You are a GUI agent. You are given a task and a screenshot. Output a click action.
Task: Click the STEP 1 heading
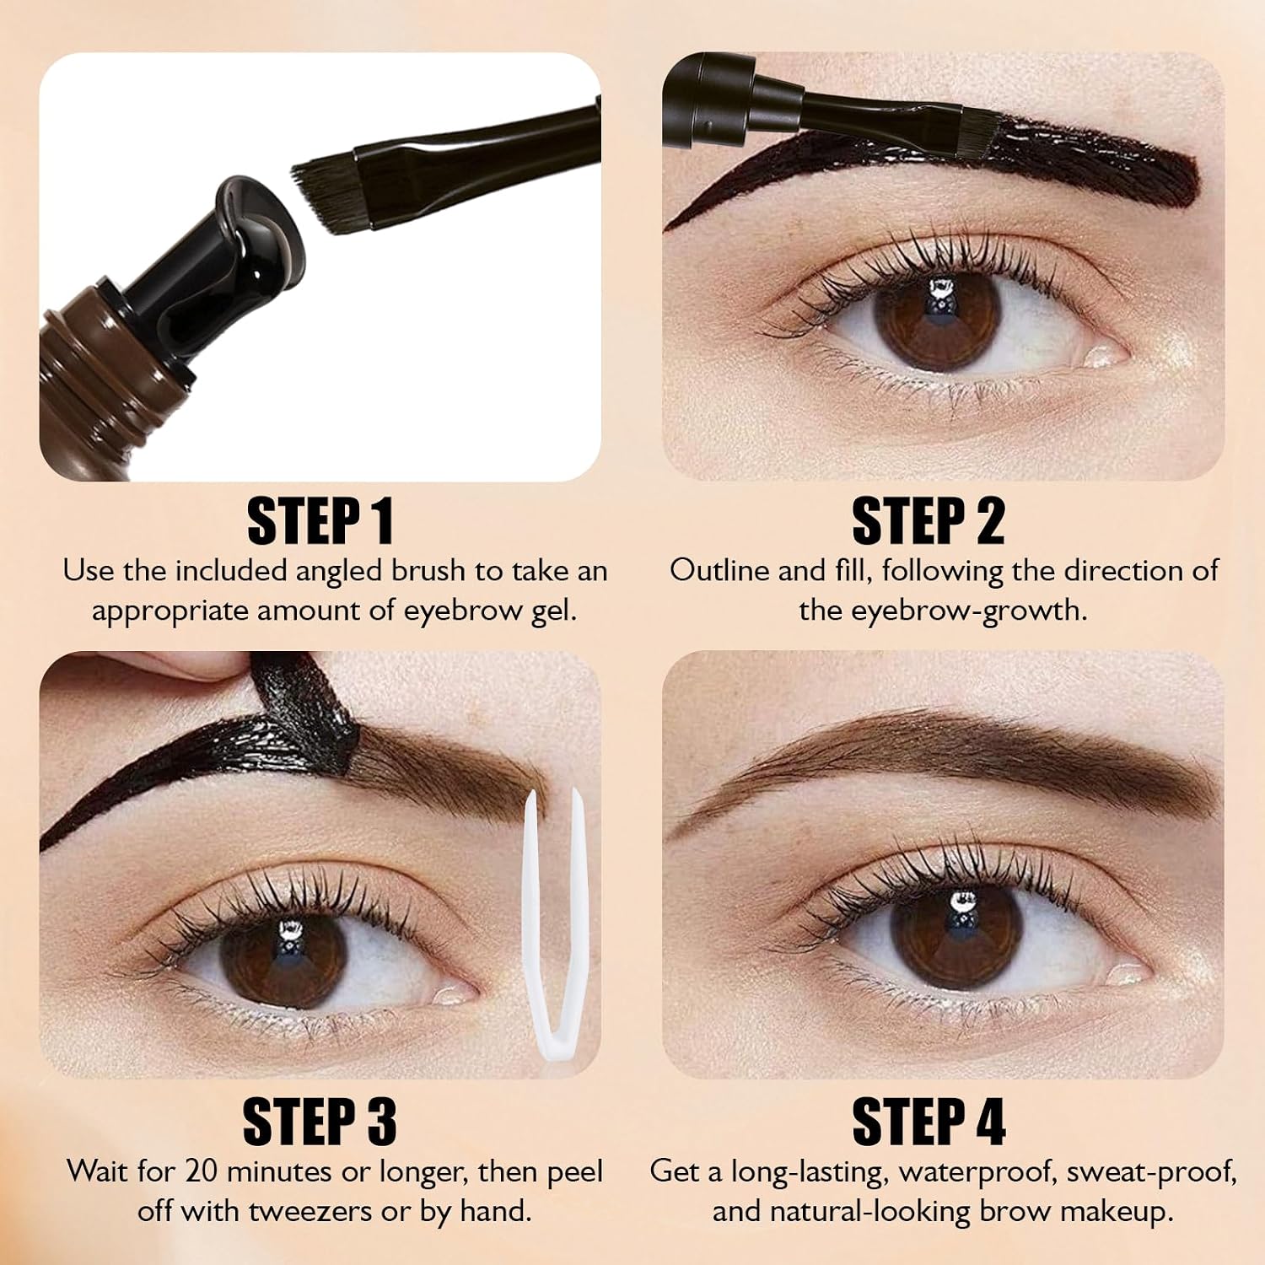[320, 521]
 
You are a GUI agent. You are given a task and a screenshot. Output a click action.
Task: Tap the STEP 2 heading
[929, 521]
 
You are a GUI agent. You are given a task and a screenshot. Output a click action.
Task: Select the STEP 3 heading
[320, 1122]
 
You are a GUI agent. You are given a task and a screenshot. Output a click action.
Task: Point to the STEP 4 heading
[929, 1122]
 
